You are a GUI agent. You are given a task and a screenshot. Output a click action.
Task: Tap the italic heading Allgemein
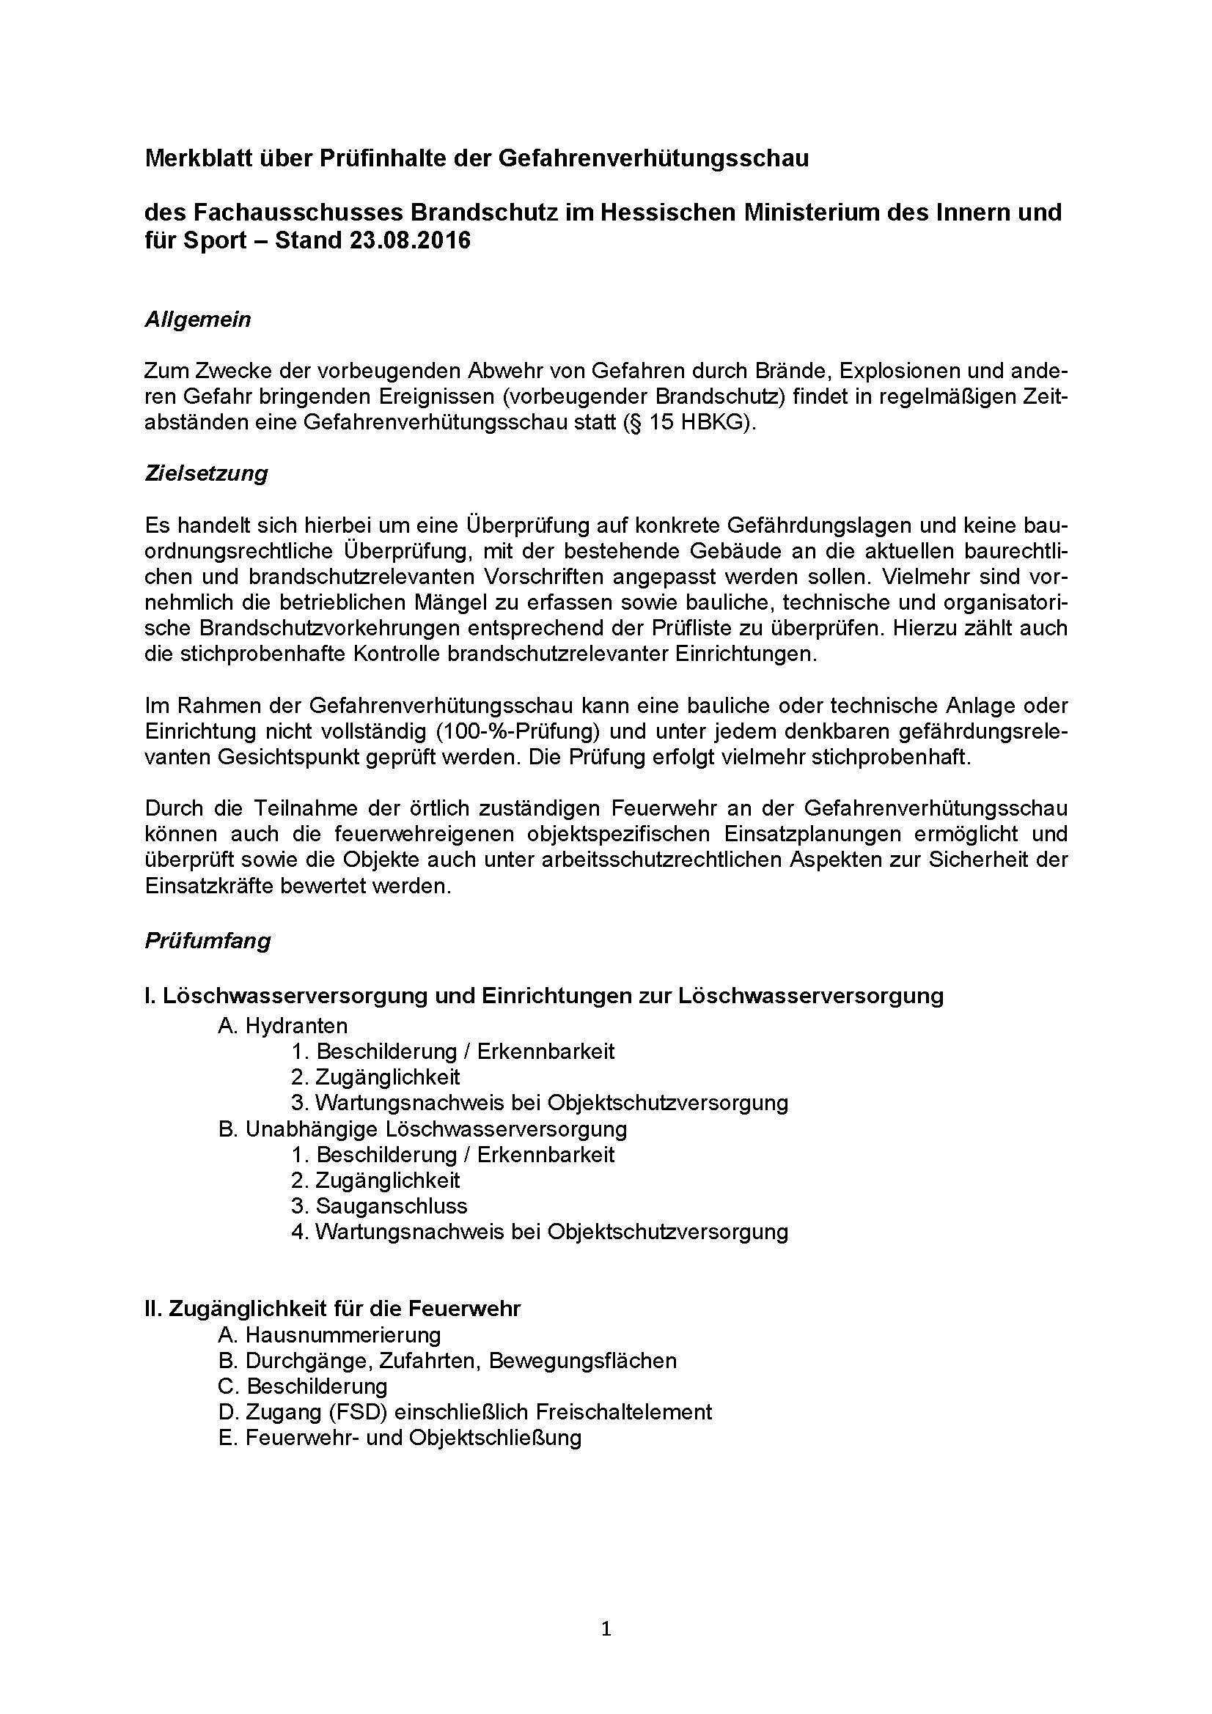(x=198, y=320)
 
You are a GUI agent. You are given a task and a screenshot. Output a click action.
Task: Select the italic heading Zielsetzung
(x=206, y=473)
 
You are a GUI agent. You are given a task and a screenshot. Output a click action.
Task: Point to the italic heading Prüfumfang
(x=207, y=941)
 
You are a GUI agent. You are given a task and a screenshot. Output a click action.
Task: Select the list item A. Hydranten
(x=283, y=1026)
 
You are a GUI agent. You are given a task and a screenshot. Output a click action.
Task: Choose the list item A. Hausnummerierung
(x=329, y=1334)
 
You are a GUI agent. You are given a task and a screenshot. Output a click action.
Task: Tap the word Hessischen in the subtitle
(x=664, y=213)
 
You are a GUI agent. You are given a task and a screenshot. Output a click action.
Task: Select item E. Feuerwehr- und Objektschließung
(x=400, y=1438)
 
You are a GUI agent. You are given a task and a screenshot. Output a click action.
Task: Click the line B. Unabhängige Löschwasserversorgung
(x=422, y=1128)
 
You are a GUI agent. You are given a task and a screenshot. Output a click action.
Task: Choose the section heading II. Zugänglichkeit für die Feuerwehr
(x=332, y=1309)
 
